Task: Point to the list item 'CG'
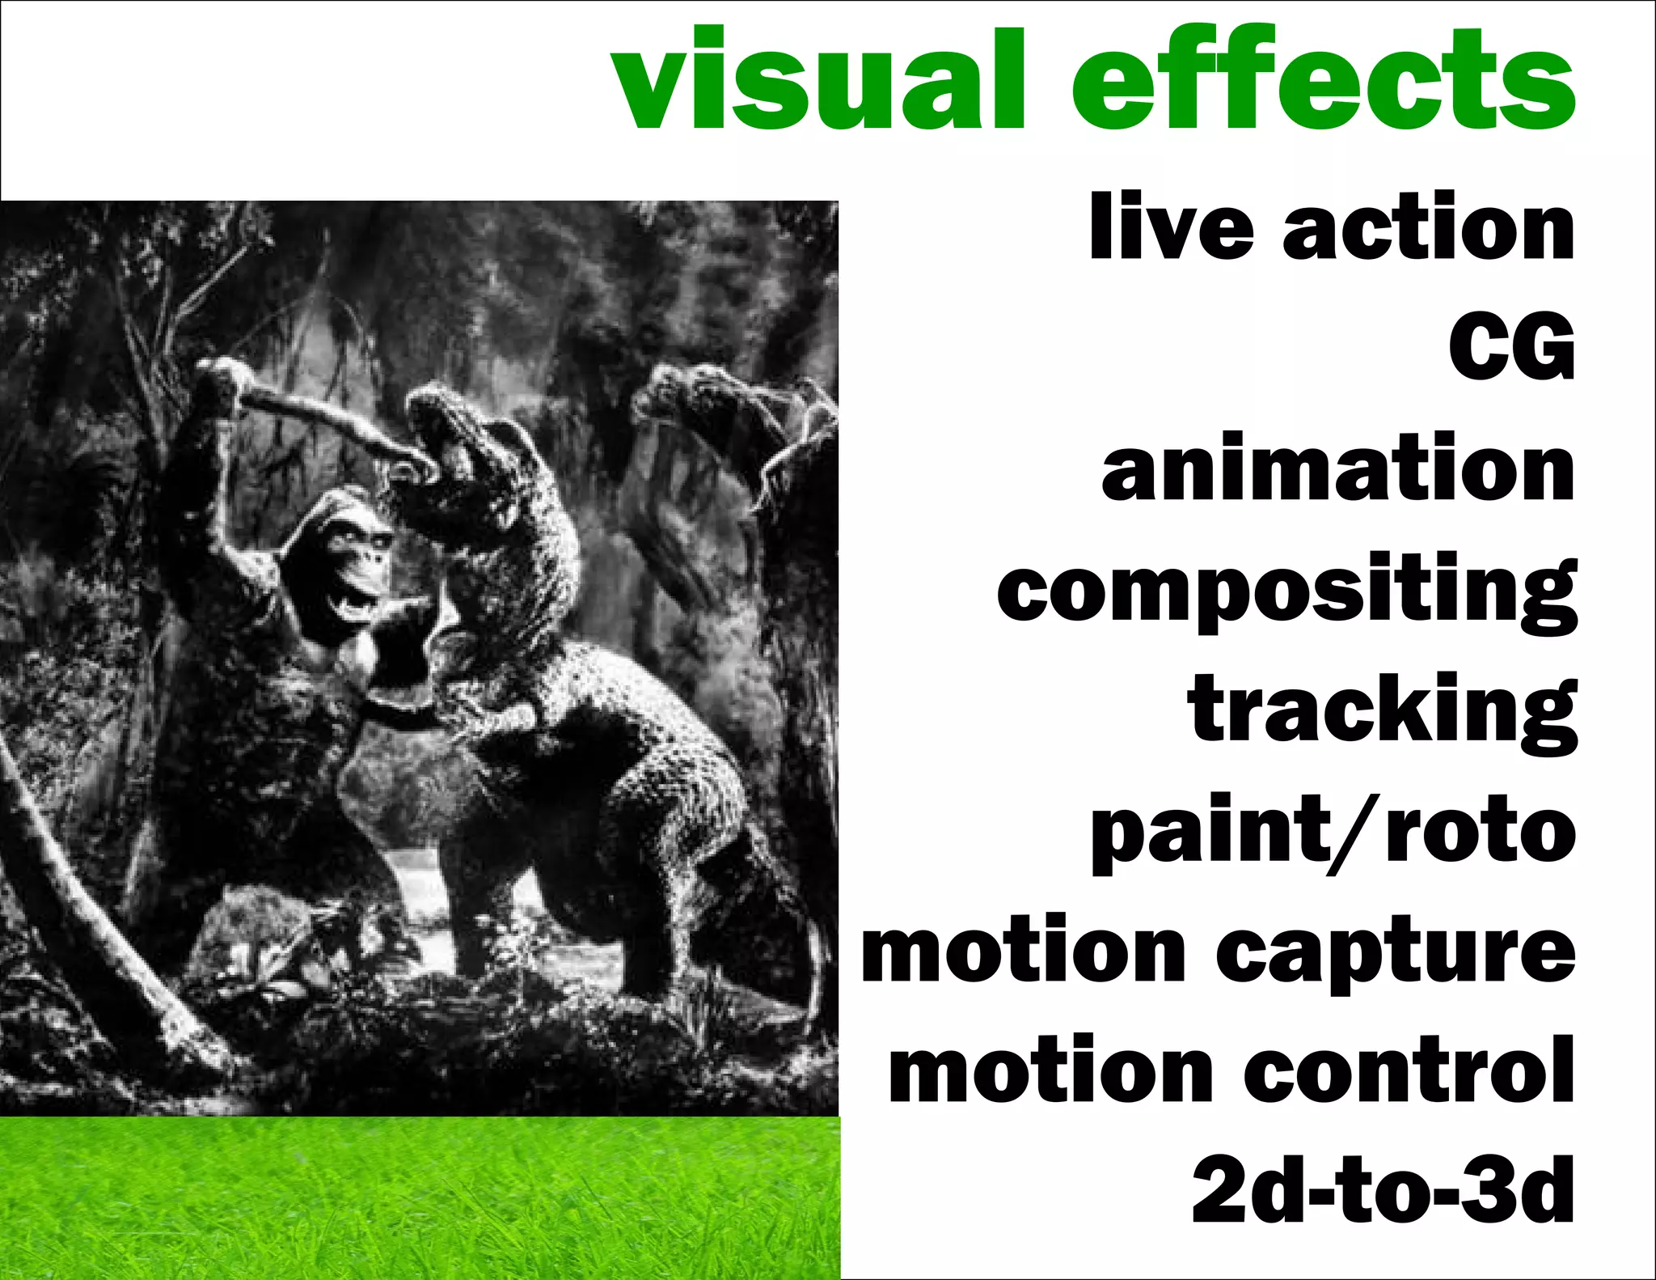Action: (1511, 348)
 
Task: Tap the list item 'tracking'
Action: (1382, 712)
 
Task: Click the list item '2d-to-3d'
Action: (1383, 1189)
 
